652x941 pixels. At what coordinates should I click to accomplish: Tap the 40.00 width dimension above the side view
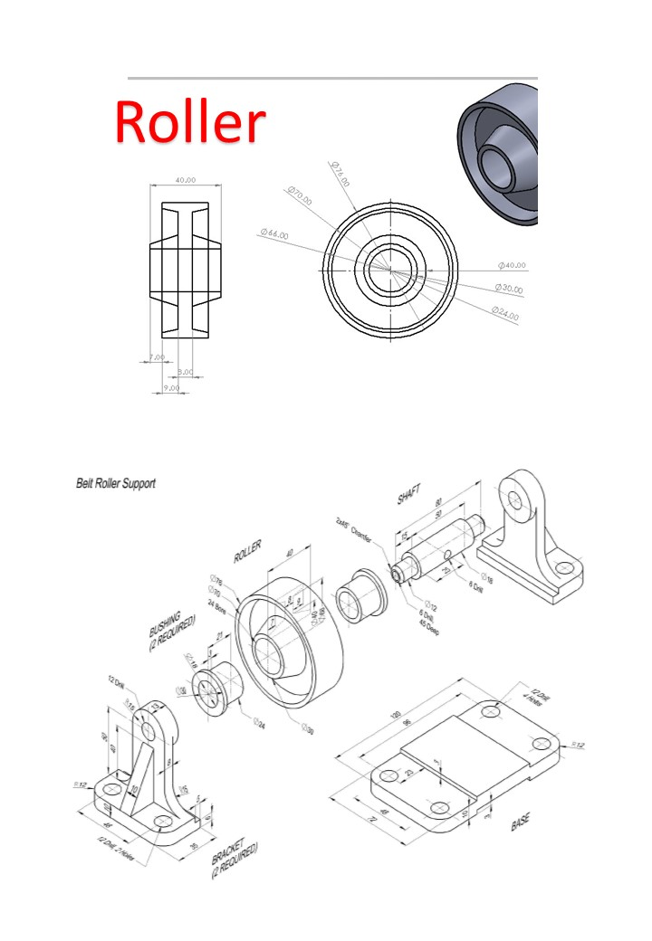(x=185, y=180)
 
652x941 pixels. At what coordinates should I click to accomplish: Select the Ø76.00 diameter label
(x=340, y=175)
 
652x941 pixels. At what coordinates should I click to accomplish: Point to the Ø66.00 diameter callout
(x=273, y=234)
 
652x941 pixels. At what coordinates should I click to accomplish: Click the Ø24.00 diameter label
(x=505, y=312)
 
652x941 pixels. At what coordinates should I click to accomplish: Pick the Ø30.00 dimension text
(x=509, y=288)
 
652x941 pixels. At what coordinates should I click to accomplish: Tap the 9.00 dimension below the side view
(x=169, y=387)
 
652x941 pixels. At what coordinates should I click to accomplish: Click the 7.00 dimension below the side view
(x=156, y=357)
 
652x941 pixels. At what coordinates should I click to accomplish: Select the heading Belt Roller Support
(x=115, y=483)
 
